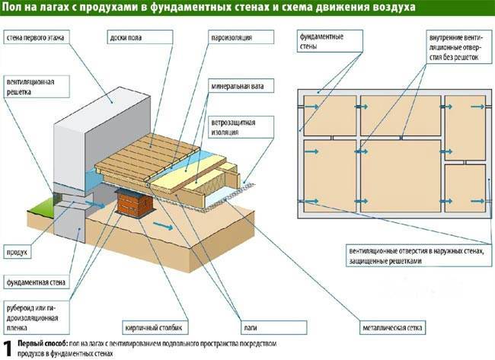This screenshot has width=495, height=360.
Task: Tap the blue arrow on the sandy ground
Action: pyautogui.click(x=158, y=226)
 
